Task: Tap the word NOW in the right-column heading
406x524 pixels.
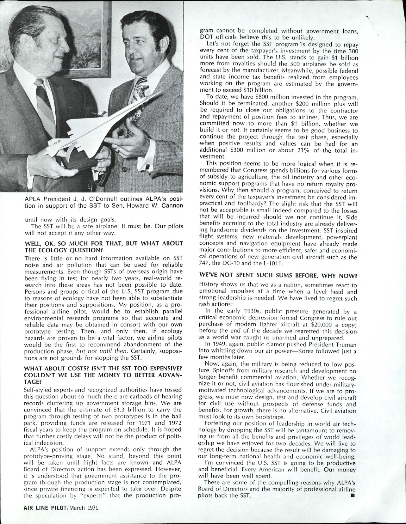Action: (x=348, y=276)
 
